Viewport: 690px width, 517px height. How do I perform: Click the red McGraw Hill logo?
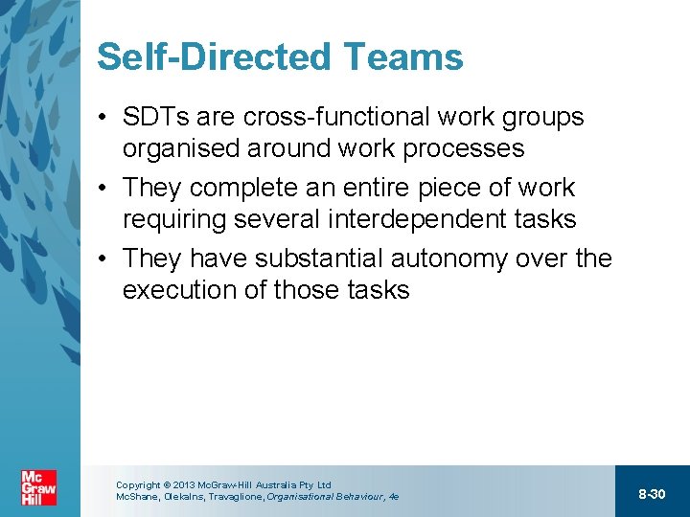coord(39,488)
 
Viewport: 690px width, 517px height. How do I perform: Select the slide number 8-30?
coord(652,494)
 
